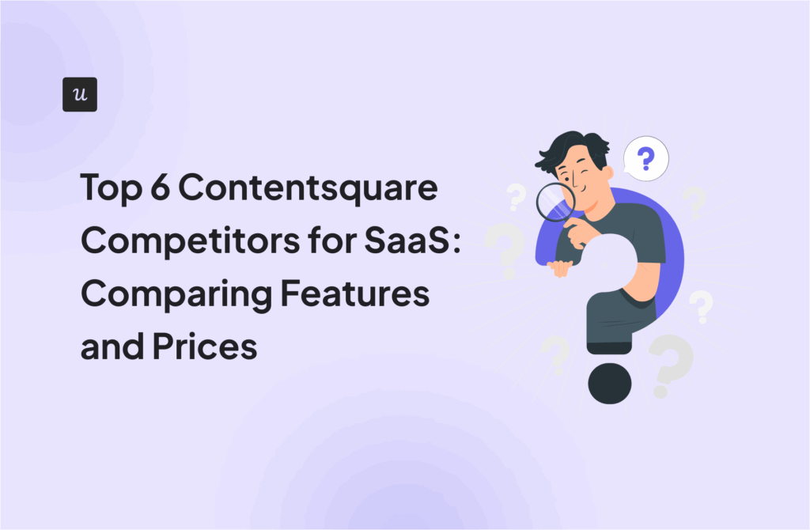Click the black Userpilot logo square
[79, 94]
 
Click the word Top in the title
[109, 190]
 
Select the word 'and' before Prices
[108, 346]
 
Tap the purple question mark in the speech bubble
[646, 159]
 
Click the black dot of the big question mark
[609, 383]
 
